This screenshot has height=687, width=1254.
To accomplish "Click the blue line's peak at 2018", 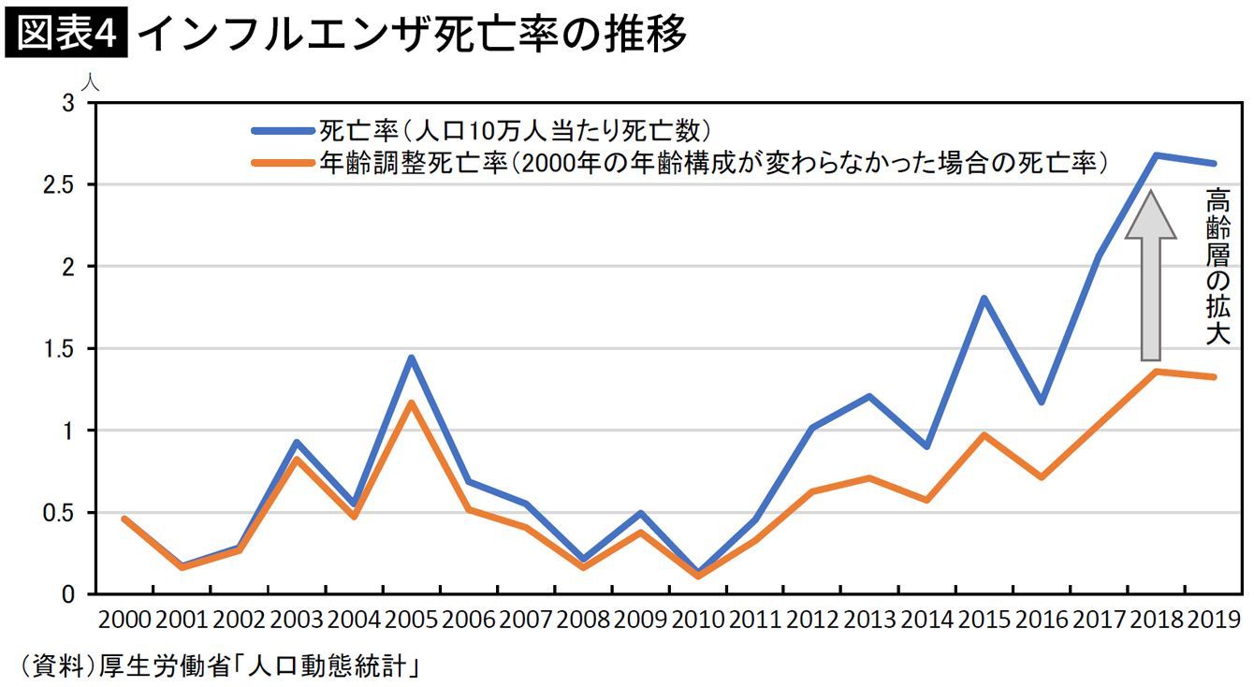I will click(x=1157, y=155).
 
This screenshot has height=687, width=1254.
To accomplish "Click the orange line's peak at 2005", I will click(x=411, y=402).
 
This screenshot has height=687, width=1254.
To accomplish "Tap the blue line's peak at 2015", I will click(x=984, y=298).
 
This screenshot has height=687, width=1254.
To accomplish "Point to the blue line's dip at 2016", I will click(x=1042, y=402).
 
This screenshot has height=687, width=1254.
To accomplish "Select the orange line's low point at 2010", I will click(x=697, y=576).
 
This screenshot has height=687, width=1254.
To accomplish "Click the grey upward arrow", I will click(x=1150, y=277).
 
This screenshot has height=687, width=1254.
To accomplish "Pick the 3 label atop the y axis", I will click(x=67, y=103).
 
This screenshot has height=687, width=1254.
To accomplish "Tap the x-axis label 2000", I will click(x=124, y=620).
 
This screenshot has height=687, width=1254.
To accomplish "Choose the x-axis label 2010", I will click(x=697, y=620).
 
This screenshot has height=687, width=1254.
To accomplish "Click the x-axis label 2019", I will click(x=1214, y=620).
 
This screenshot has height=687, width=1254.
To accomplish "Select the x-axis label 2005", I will click(x=411, y=620).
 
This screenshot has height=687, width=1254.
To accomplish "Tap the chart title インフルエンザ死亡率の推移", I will click(x=412, y=34).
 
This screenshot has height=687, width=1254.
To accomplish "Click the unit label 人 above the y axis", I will click(x=90, y=81).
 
